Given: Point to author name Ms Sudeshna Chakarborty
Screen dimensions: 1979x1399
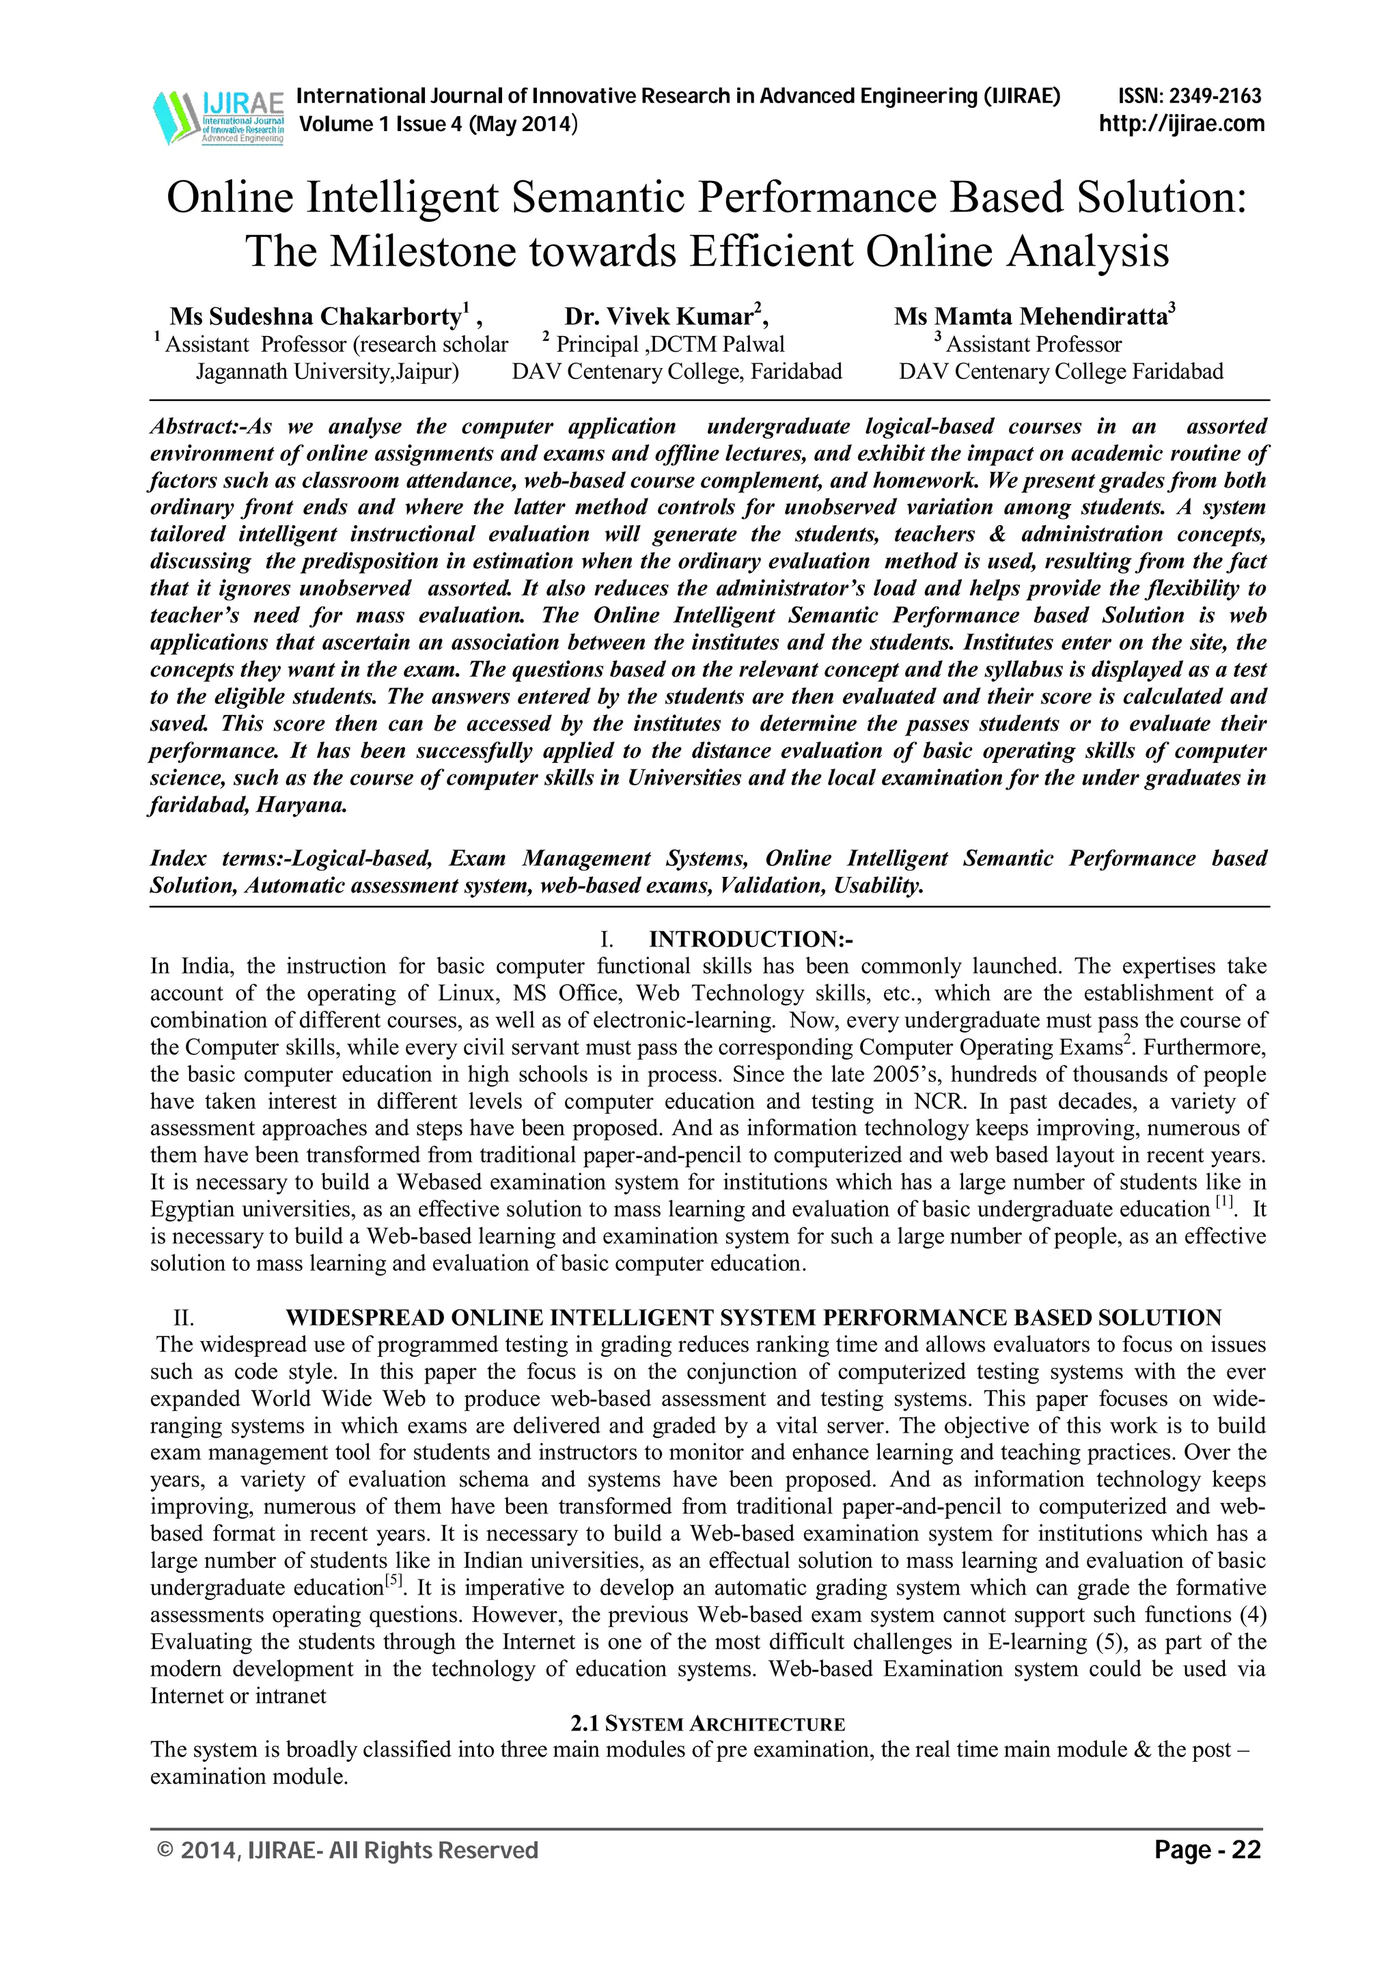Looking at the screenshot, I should point(316,316).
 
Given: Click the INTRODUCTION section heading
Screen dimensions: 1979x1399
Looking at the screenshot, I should point(750,939).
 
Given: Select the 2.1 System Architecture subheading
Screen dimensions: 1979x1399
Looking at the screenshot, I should point(707,1724).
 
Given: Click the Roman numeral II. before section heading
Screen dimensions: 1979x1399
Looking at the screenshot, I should point(184,1318).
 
